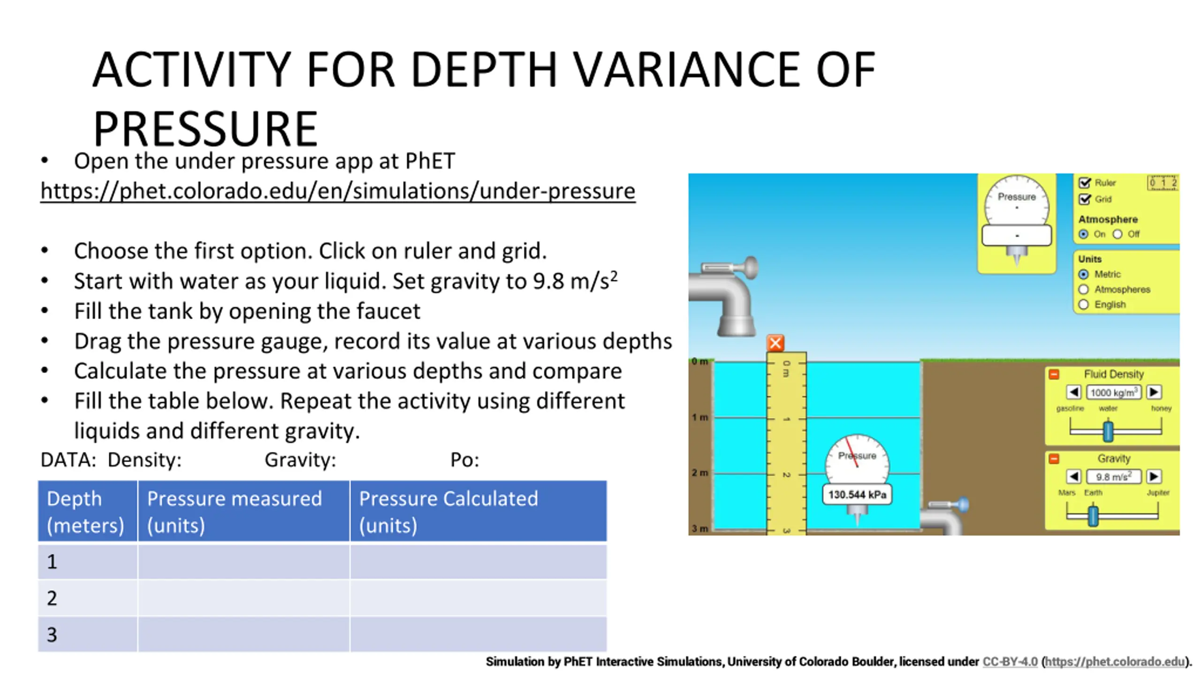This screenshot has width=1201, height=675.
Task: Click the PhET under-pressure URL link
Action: click(338, 191)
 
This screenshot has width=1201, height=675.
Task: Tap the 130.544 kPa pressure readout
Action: click(857, 495)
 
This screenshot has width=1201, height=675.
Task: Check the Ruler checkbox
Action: click(1084, 183)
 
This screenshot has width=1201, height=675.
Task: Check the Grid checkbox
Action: click(1084, 199)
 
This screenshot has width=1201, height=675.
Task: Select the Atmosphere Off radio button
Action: click(1117, 234)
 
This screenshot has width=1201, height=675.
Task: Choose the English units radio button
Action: click(1083, 305)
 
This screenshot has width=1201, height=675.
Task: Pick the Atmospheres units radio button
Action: click(1083, 289)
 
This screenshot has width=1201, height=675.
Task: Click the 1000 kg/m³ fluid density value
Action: click(1113, 392)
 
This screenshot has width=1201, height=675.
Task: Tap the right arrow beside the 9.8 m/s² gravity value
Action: click(1154, 477)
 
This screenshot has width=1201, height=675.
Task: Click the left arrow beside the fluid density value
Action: click(1073, 392)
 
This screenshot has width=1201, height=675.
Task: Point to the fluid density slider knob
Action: click(1108, 431)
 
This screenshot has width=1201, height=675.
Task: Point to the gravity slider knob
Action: click(1093, 516)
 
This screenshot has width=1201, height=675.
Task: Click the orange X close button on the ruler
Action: click(775, 343)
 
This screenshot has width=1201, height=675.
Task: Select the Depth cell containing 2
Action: click(88, 598)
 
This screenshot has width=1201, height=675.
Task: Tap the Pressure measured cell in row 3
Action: click(243, 634)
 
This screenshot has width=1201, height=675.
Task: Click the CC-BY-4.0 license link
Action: click(1010, 661)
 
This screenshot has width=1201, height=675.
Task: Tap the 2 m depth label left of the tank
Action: click(700, 472)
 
